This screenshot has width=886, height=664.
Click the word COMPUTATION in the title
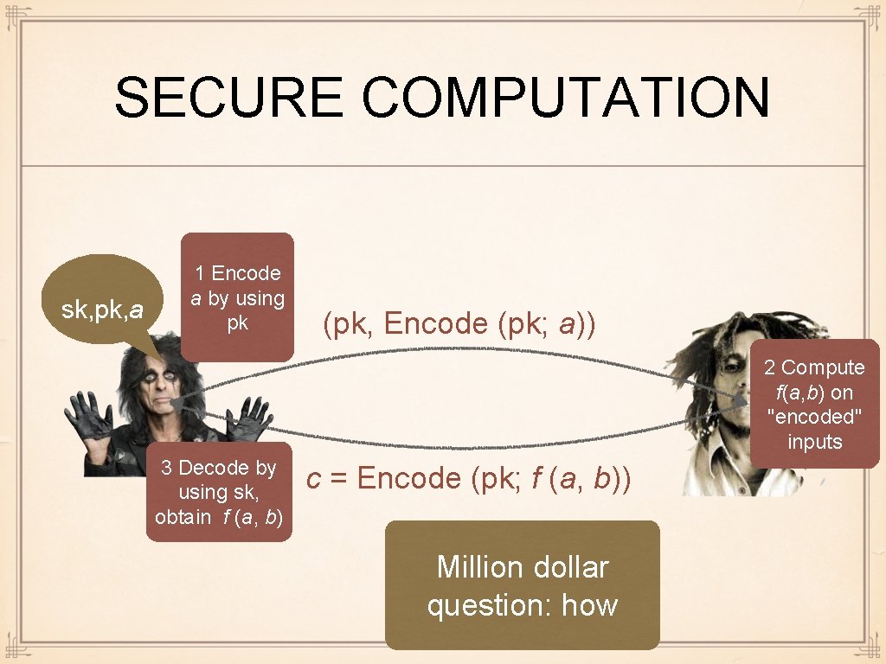(566, 97)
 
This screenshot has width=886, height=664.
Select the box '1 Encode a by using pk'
(237, 297)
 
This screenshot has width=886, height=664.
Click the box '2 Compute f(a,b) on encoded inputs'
(814, 404)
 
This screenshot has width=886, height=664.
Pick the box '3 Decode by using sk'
(219, 492)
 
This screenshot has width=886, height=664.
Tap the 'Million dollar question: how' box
(522, 585)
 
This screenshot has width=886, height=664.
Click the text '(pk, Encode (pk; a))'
(459, 324)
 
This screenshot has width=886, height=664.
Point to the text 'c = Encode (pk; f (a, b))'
(468, 478)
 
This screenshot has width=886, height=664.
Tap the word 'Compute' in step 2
(823, 367)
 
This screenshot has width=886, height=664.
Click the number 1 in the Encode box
(200, 273)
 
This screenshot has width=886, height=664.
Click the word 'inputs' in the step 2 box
(814, 442)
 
